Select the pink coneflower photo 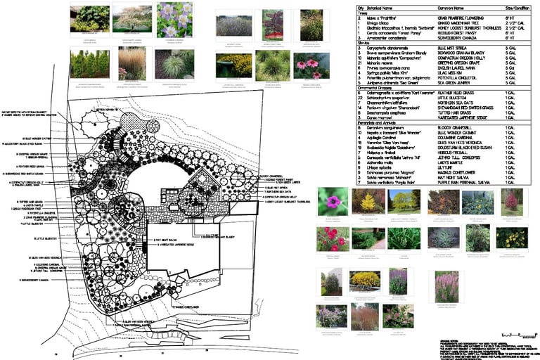(x=311, y=65)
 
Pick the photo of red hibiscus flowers (x=332, y=238)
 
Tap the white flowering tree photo (x=128, y=18)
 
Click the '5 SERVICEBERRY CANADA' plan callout (x=34, y=280)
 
